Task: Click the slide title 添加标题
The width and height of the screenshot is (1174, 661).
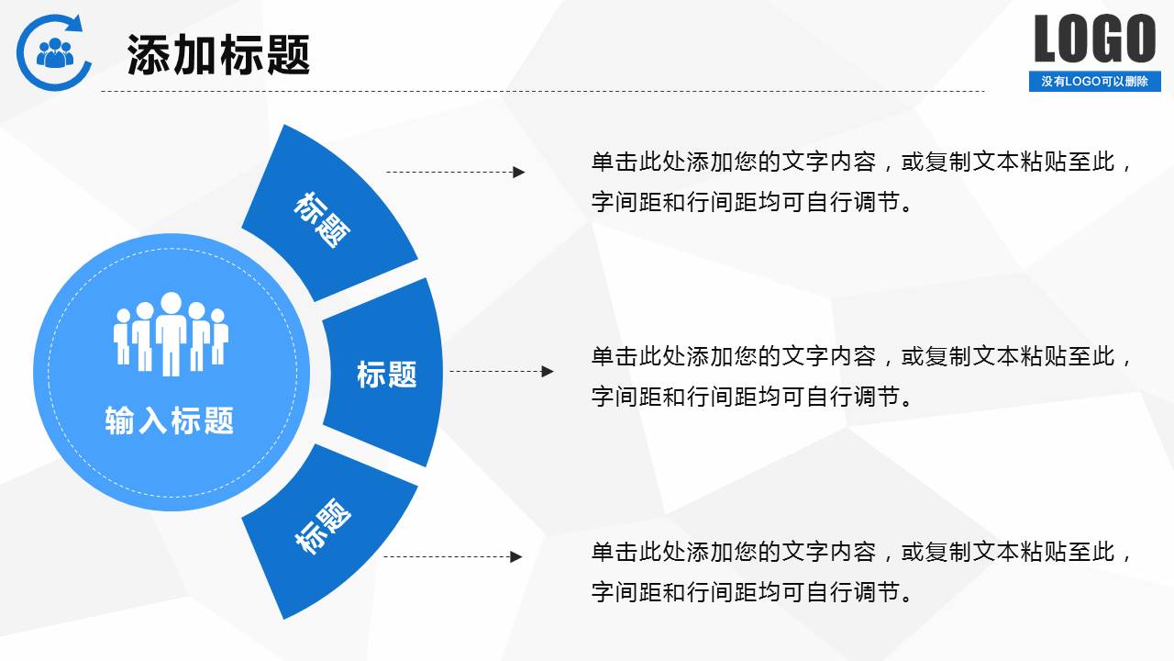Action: tap(218, 55)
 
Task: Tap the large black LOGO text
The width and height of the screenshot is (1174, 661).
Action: tap(1094, 39)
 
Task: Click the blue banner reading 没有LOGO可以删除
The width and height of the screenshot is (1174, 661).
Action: tap(1094, 82)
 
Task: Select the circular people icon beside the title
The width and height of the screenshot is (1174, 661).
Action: tap(55, 51)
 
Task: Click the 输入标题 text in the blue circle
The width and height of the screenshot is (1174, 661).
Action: tap(170, 420)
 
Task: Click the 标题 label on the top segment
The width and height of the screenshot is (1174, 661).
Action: tap(322, 219)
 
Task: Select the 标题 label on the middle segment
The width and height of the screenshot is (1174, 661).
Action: tap(386, 374)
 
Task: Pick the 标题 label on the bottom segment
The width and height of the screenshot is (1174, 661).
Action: tap(323, 527)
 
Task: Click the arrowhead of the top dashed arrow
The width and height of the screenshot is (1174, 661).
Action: tap(519, 172)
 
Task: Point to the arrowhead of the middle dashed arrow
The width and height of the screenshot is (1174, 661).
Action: tap(548, 372)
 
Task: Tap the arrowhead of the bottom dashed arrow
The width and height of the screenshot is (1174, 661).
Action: tap(516, 556)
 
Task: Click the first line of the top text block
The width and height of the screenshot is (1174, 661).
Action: tap(862, 162)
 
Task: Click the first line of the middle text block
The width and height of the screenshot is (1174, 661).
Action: tap(862, 356)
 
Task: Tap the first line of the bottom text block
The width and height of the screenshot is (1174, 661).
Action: tap(862, 552)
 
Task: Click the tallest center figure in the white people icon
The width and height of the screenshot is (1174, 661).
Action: tap(172, 333)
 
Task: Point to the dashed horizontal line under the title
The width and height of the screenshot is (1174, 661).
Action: tap(541, 91)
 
